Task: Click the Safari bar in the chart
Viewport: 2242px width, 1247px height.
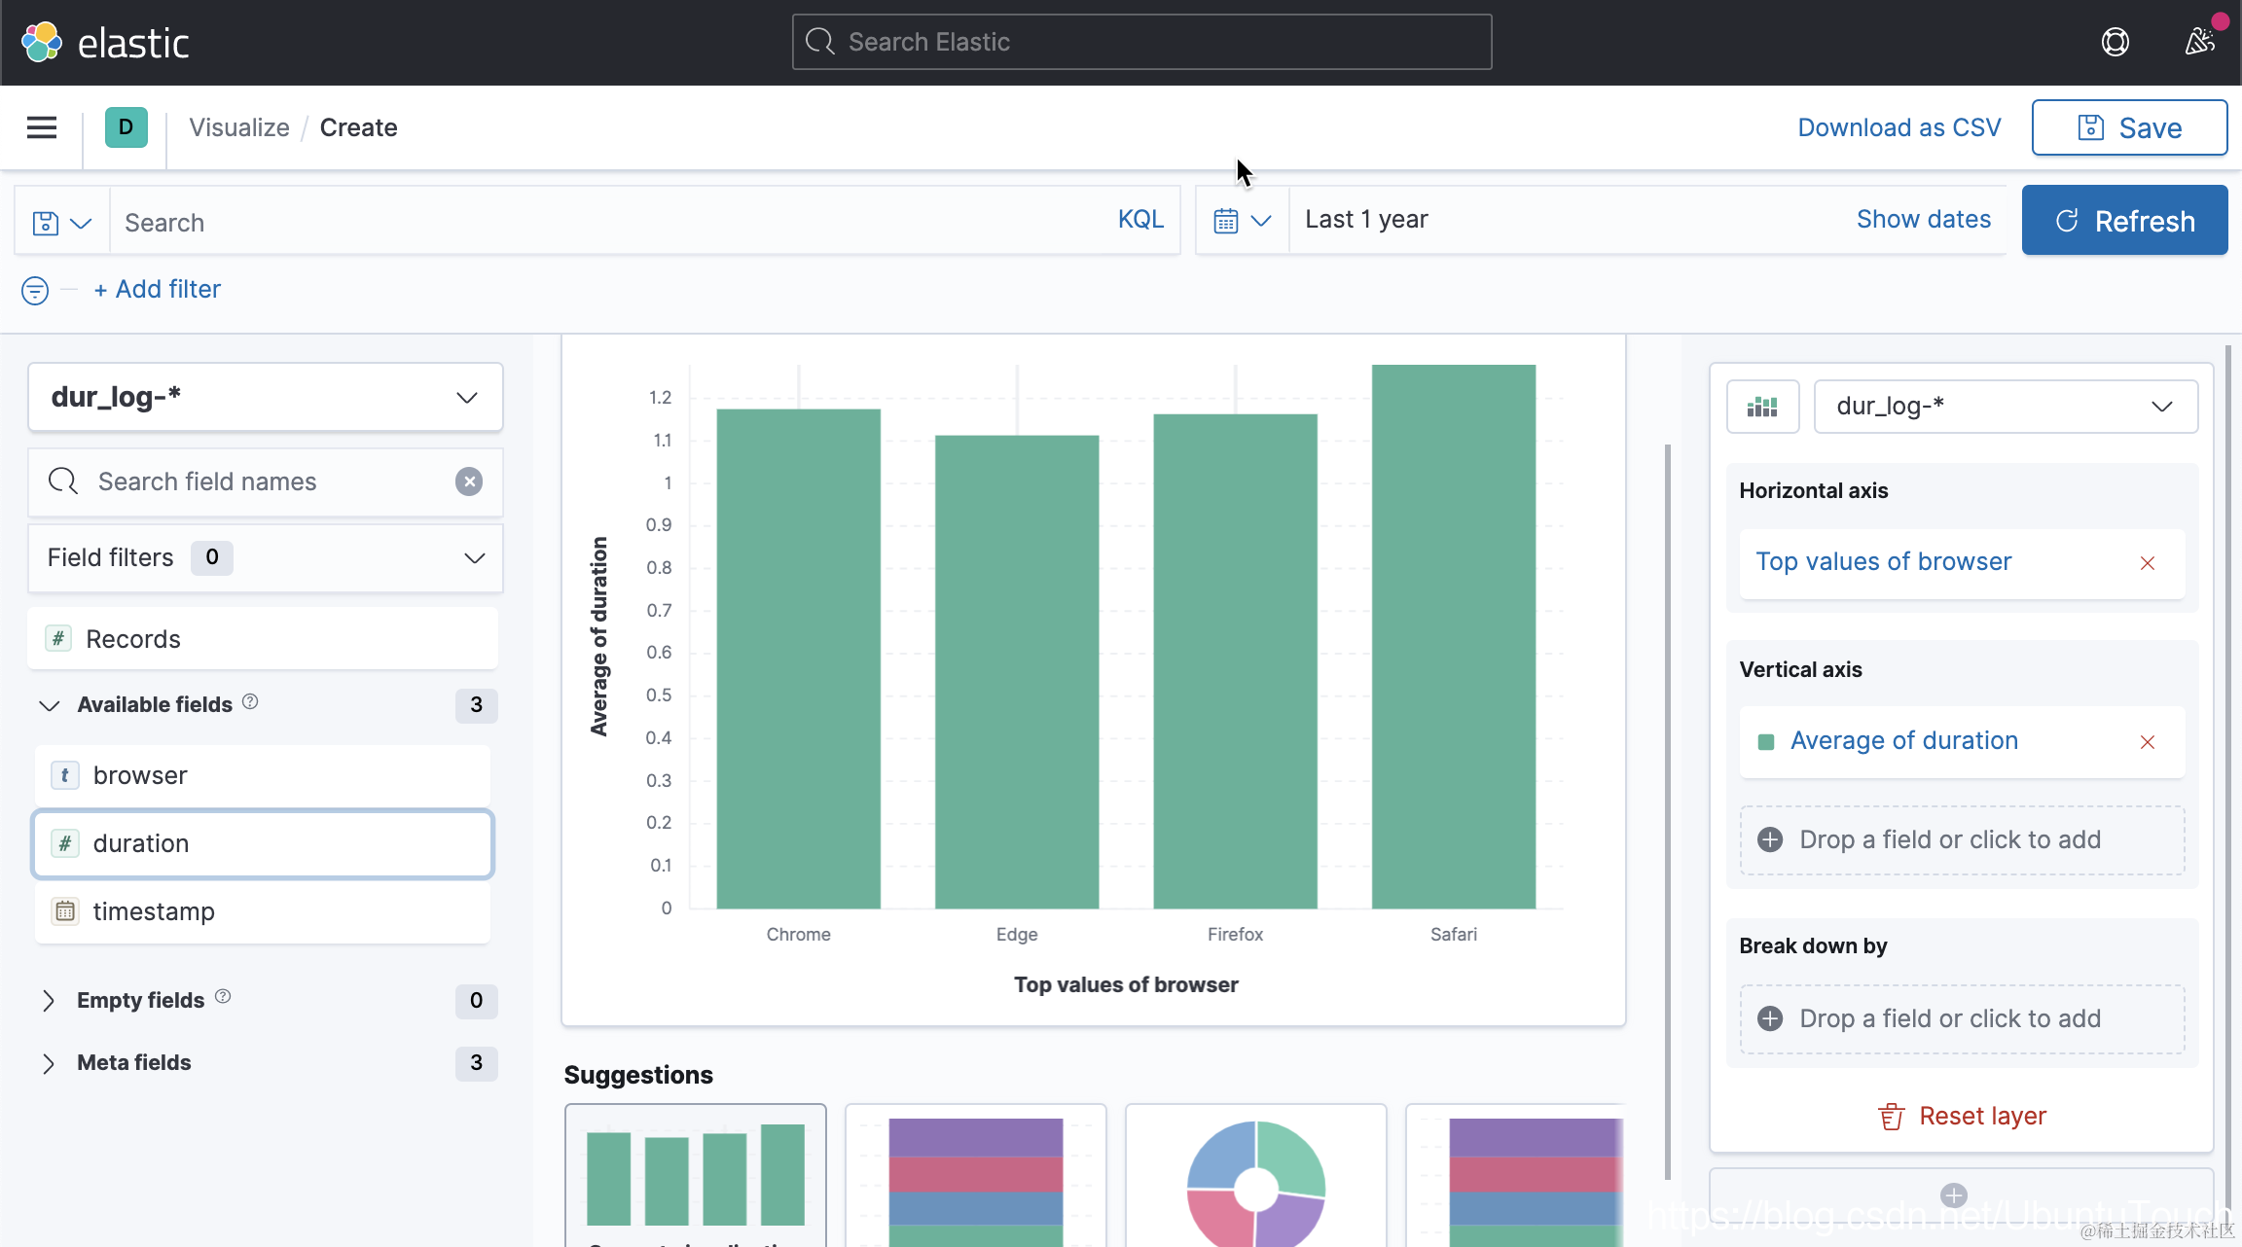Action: [1453, 637]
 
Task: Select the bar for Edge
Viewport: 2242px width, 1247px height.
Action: [1017, 671]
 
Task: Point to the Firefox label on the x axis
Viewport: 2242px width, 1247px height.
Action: [1235, 934]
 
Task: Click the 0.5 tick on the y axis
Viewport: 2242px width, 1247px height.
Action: [659, 695]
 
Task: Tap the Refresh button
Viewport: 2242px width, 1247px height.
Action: [2124, 221]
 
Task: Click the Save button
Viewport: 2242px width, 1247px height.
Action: [2129, 127]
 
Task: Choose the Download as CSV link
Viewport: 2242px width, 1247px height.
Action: [1898, 127]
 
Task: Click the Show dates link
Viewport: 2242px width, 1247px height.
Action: [1923, 220]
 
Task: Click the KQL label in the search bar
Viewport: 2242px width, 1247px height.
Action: [1140, 220]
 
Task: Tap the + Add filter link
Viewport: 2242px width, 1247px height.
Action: [158, 289]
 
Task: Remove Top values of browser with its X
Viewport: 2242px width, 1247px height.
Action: [2148, 563]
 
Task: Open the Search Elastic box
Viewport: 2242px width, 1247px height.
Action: [1141, 42]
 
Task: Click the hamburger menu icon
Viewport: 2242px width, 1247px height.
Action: [42, 127]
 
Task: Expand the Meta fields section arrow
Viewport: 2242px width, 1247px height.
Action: [49, 1063]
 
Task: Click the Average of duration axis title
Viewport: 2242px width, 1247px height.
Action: [598, 637]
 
